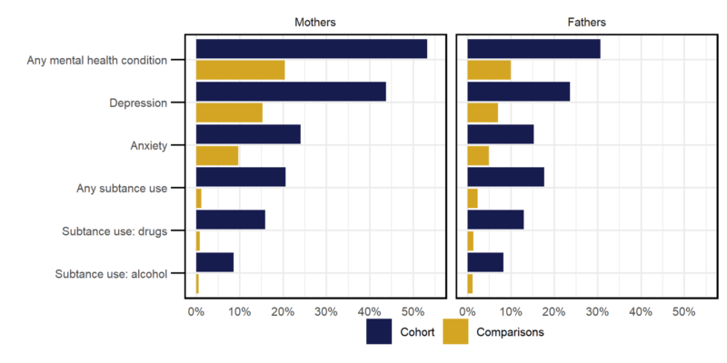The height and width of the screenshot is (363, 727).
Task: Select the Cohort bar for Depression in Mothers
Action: (x=291, y=92)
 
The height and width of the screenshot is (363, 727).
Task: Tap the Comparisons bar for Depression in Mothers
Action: (x=229, y=113)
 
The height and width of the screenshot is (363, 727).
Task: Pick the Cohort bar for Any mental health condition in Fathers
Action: (x=533, y=49)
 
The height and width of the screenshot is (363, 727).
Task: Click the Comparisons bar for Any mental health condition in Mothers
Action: (x=240, y=70)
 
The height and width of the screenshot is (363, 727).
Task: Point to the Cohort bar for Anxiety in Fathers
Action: (x=500, y=134)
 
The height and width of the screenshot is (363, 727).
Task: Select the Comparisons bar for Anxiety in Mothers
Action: (x=217, y=155)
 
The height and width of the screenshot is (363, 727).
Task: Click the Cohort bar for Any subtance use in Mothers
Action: (x=241, y=177)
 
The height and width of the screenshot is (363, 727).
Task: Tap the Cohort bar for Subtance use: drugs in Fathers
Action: (x=495, y=220)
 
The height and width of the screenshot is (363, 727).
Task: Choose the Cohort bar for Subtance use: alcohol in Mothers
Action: (x=214, y=262)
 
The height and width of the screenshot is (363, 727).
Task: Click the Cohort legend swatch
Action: (x=379, y=331)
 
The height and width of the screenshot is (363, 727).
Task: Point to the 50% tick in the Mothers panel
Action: (x=413, y=311)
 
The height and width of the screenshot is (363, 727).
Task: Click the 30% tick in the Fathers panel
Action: (x=597, y=311)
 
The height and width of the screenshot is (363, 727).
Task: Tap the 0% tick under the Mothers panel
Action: (x=196, y=311)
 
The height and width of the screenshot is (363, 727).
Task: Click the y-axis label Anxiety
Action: (x=148, y=145)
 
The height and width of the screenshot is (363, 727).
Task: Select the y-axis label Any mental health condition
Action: (x=98, y=60)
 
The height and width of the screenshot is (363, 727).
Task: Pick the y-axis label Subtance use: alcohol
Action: (x=111, y=273)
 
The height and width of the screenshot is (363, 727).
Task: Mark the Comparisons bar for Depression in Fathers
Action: (x=483, y=113)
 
